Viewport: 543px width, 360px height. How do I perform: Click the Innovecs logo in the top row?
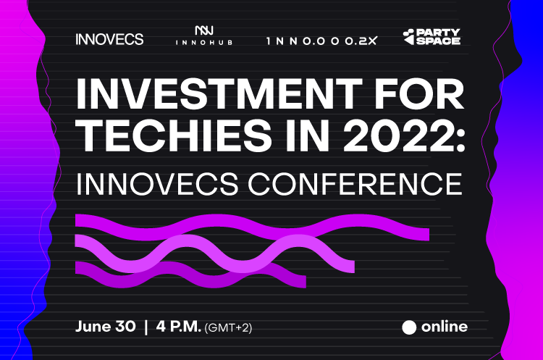point(109,39)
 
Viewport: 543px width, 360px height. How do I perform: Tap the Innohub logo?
point(204,35)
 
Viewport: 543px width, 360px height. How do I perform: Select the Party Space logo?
point(432,37)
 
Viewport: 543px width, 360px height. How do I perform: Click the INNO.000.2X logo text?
point(321,41)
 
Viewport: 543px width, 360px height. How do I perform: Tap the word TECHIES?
point(174,135)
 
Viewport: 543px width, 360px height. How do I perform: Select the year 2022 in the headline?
point(398,135)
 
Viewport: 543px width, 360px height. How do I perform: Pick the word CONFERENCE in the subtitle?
point(355,184)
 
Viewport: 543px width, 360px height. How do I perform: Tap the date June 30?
point(106,327)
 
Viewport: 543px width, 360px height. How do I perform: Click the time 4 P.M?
point(179,327)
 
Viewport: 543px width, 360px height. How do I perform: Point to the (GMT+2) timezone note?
point(228,328)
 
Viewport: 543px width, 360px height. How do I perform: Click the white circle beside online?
point(409,327)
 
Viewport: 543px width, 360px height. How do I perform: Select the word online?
point(445,327)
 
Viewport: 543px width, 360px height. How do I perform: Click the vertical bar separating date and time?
point(146,327)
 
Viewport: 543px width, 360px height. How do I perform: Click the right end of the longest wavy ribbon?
point(429,234)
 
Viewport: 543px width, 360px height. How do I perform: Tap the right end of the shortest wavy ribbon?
point(306,281)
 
